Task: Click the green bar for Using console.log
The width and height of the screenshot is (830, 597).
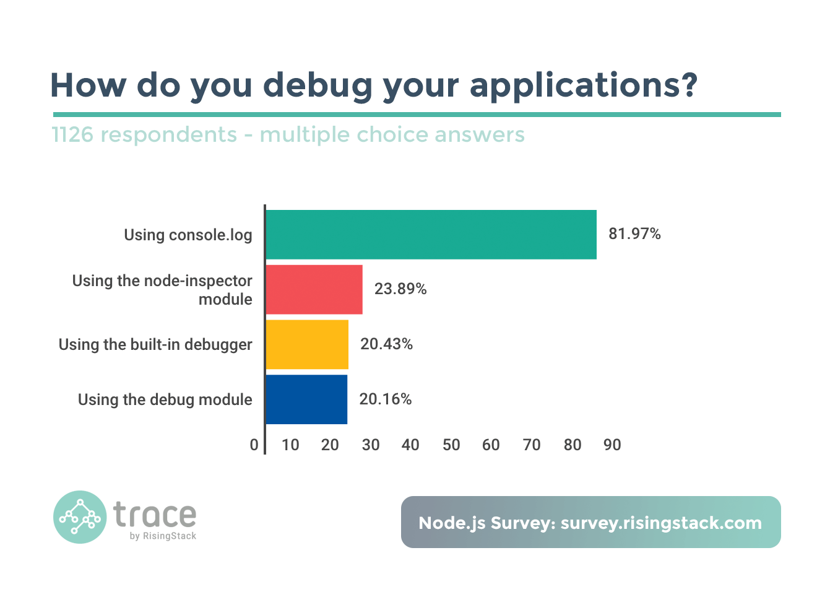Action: [x=431, y=235]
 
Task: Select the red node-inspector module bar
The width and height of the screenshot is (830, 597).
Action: [x=314, y=289]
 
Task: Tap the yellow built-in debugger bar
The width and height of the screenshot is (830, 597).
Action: [x=307, y=344]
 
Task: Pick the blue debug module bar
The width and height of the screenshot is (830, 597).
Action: [x=306, y=399]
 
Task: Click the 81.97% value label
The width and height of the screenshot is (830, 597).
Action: [x=634, y=234]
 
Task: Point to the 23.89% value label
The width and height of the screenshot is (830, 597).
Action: [x=400, y=289]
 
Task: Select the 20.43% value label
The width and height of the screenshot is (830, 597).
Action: [x=386, y=344]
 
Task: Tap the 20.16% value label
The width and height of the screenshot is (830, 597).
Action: [x=385, y=399]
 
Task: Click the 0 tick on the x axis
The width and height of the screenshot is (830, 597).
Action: [x=254, y=445]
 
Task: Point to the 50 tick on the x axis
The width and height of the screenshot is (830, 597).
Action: [x=451, y=445]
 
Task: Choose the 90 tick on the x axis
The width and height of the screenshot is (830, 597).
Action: [x=612, y=445]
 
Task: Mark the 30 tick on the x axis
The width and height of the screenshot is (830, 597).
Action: [x=371, y=445]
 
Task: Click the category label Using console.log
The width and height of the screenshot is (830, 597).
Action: [x=188, y=235]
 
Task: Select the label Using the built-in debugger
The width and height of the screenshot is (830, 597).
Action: [x=155, y=344]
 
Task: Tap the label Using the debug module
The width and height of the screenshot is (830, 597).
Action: [x=165, y=399]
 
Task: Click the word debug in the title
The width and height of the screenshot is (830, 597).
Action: [x=318, y=85]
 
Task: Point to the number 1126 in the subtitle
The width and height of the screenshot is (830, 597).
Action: [x=72, y=134]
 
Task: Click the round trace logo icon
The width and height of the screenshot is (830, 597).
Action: [x=80, y=517]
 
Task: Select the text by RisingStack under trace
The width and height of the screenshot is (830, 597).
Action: [x=163, y=536]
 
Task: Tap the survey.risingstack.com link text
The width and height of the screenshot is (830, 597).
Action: [x=661, y=523]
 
